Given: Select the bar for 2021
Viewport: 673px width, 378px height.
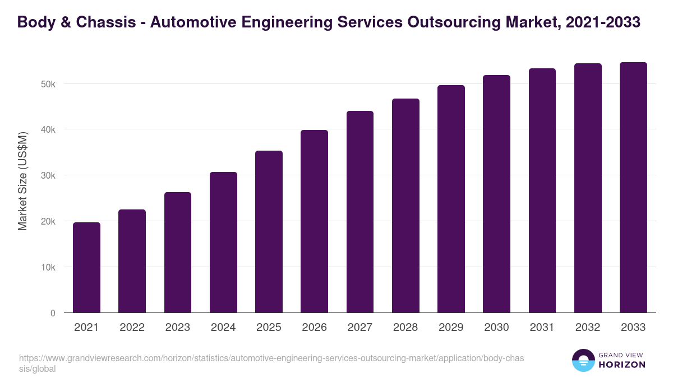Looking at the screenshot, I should point(86,268).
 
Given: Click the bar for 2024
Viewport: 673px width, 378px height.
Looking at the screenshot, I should point(223,242).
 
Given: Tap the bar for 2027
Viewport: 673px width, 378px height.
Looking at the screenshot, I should point(360,212).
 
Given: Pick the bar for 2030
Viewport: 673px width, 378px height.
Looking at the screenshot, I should point(496,194).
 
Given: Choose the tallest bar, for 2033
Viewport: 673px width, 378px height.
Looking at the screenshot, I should point(633,188).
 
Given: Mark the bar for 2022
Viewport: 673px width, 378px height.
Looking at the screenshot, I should point(132,261).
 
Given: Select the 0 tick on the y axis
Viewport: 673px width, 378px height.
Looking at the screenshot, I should point(53,313).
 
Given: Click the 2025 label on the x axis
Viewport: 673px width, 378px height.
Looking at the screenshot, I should point(269,328).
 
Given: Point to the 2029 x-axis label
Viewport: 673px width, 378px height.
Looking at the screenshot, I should point(451,328).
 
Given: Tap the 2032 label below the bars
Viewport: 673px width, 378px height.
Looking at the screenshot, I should point(588,328).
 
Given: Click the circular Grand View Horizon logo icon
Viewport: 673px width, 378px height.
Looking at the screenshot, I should point(583,360).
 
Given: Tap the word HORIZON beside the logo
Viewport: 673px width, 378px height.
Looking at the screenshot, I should point(622,365).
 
